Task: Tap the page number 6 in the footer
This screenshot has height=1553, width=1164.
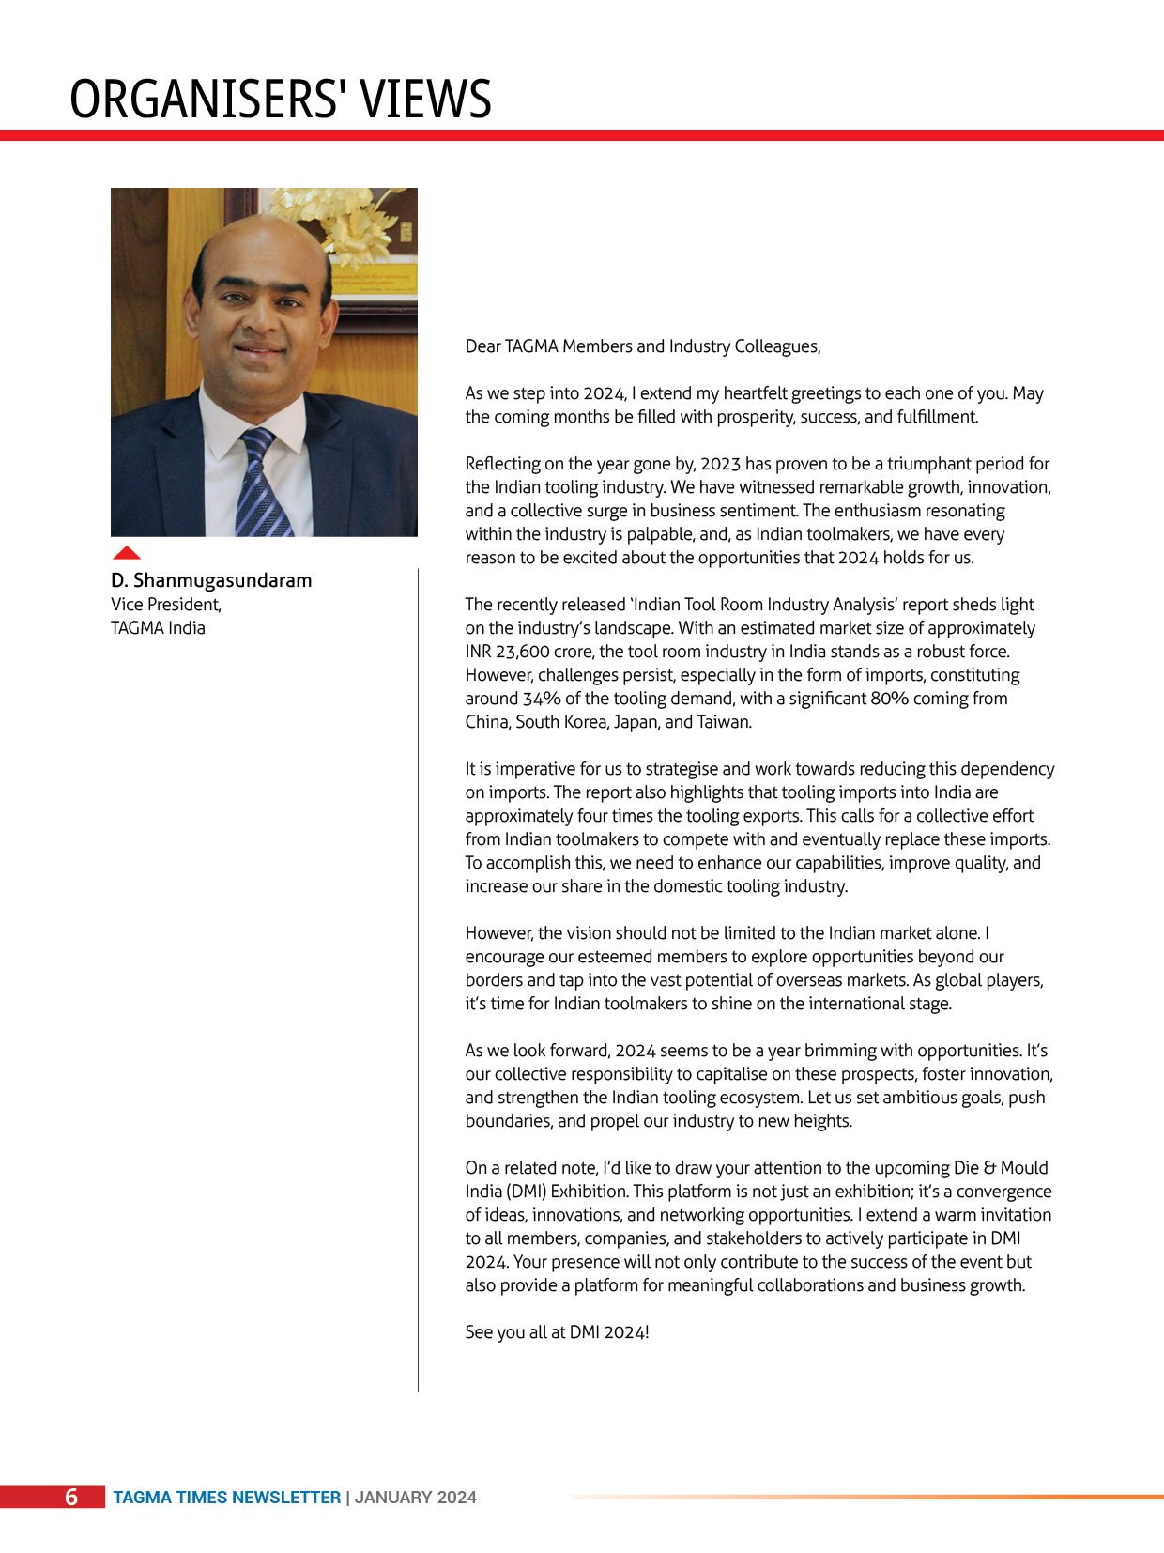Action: pos(71,1497)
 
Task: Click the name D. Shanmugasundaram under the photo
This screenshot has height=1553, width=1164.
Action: pos(211,580)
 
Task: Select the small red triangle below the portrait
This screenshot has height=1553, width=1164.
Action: pos(126,552)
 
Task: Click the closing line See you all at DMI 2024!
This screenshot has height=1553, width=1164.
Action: pos(557,1332)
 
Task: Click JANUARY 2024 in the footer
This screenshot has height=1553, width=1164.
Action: pos(416,1498)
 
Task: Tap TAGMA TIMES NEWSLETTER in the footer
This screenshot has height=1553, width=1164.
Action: pos(227,1498)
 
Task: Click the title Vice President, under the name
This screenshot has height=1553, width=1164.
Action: pos(166,605)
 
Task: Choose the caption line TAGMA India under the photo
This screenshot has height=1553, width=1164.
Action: pos(158,628)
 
